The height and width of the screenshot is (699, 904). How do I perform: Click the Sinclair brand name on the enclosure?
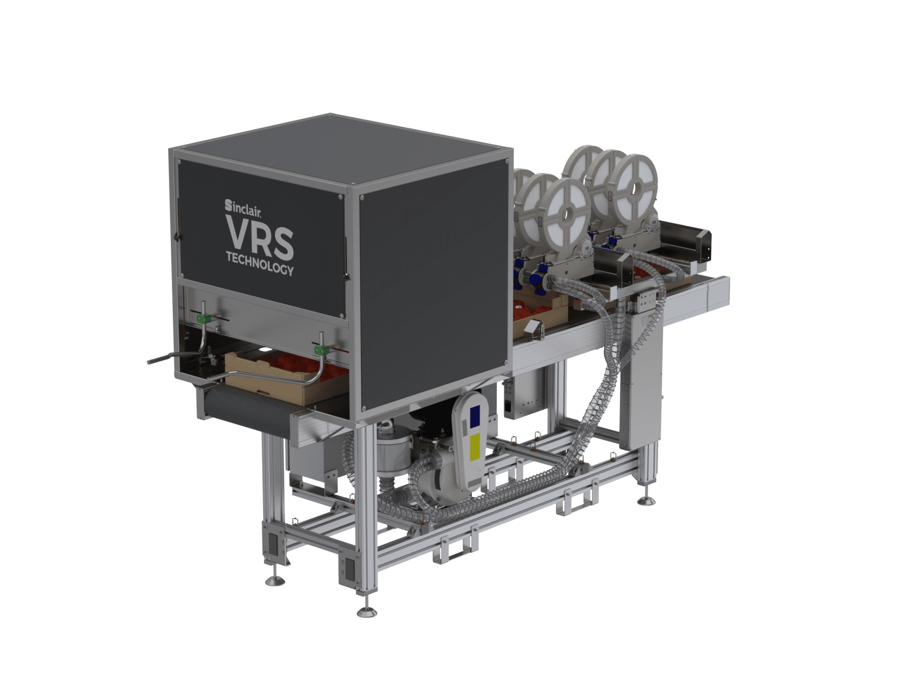(243, 208)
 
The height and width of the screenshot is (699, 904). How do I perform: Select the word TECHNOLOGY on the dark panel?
(259, 263)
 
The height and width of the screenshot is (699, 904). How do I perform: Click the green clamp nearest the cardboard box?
(322, 350)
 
